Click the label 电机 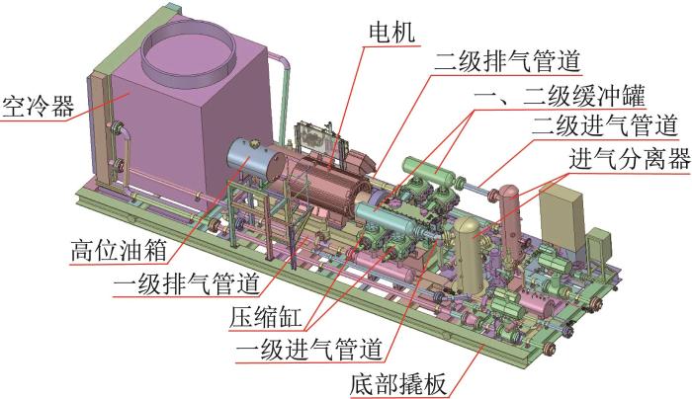pos(391,33)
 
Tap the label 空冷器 pos(39,107)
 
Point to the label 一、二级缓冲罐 pos(560,95)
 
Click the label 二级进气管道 pos(604,125)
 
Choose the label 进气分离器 pos(630,159)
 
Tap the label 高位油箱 pos(119,251)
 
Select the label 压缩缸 pos(266,317)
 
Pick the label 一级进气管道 pos(308,350)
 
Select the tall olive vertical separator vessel pos(469,255)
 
